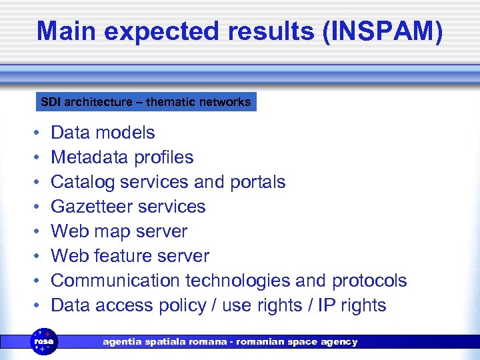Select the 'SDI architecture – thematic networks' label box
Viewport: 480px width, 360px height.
click(x=145, y=102)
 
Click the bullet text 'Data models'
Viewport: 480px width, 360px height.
click(x=103, y=133)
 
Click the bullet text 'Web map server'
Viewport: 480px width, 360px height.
click(x=119, y=231)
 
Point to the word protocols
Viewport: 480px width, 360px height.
click(x=369, y=281)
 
